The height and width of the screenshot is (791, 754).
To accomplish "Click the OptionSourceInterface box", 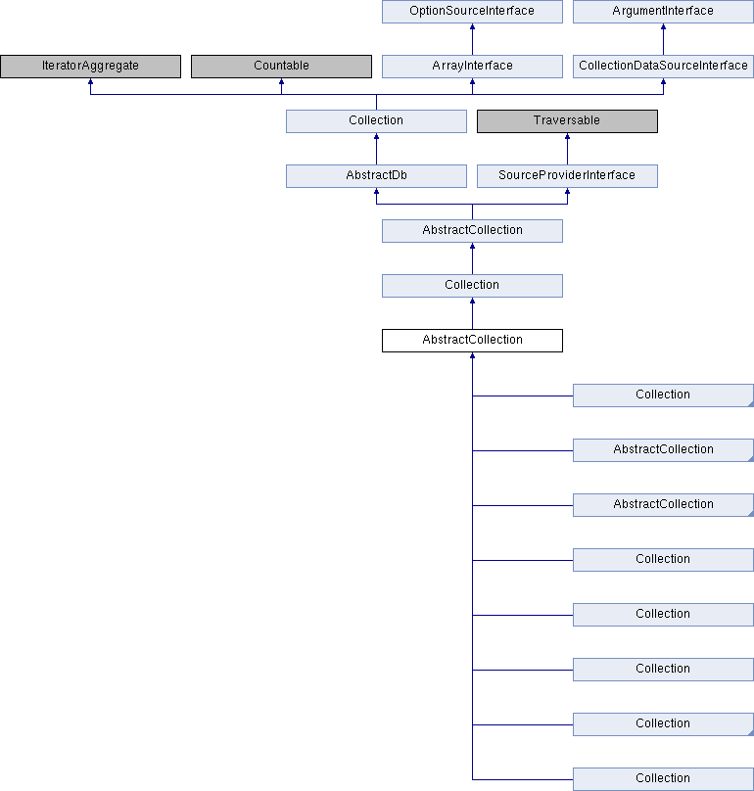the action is (x=472, y=11).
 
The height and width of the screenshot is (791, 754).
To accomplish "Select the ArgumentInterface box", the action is (x=663, y=11).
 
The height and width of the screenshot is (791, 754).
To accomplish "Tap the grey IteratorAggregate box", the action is (x=90, y=67).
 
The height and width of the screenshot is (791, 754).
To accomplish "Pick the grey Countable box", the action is (x=281, y=67).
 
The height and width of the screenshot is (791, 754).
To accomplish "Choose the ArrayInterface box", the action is (x=472, y=67).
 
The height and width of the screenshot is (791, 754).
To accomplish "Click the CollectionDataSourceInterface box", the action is (x=663, y=67).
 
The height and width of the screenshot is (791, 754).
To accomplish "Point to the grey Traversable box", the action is (x=567, y=121).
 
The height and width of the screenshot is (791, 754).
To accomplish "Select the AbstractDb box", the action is (x=376, y=176).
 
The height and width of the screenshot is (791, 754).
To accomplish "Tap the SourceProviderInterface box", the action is (x=567, y=176).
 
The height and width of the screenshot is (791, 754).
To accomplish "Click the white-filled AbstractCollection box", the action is (x=472, y=341).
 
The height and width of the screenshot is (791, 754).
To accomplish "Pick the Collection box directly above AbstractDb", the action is (x=376, y=121).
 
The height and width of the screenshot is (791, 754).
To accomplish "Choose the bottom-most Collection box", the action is (x=663, y=779).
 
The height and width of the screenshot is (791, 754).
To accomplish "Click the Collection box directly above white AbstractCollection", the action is (x=472, y=286).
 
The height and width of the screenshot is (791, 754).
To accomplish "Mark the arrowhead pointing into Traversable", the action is (x=567, y=136).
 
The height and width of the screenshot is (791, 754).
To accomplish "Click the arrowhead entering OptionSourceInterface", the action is (x=472, y=26).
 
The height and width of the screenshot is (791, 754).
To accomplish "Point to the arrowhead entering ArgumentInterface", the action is (x=663, y=26).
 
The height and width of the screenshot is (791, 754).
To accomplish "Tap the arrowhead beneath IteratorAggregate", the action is (x=90, y=81).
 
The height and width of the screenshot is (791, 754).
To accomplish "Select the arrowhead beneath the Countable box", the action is (x=281, y=81).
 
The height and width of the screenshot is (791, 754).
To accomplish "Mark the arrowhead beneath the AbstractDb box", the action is (x=376, y=191).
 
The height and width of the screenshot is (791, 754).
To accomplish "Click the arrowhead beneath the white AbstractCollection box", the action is (x=472, y=355).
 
